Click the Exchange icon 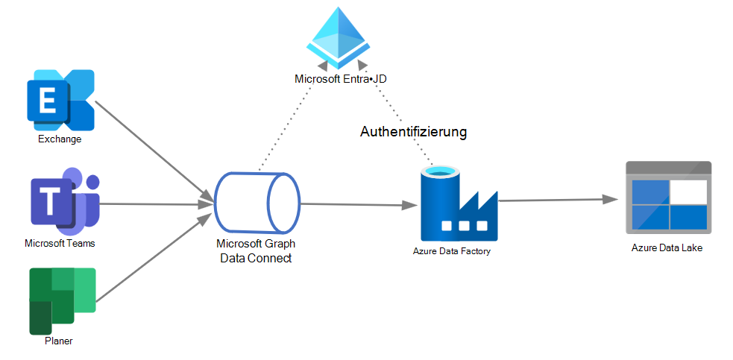pyautogui.click(x=60, y=100)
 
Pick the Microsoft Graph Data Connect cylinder pyautogui.click(x=257, y=203)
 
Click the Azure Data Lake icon pyautogui.click(x=667, y=198)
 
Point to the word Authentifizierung pyautogui.click(x=413, y=132)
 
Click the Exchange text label pyautogui.click(x=60, y=139)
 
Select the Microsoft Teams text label pyautogui.click(x=60, y=243)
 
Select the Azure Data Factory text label pyautogui.click(x=451, y=251)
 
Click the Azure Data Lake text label pyautogui.click(x=667, y=247)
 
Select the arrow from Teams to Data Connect pyautogui.click(x=157, y=203)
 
